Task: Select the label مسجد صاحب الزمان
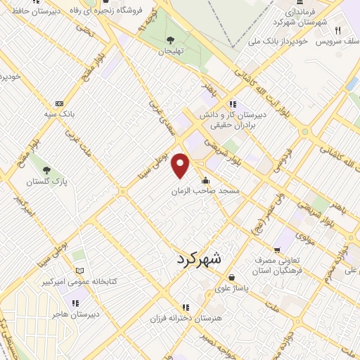(206, 191)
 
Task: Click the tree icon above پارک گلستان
(46, 170)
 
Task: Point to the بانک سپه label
(59, 113)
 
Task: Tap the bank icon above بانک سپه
(59, 103)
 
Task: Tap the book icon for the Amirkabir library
(79, 271)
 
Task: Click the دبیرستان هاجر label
(76, 314)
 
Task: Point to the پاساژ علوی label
(232, 288)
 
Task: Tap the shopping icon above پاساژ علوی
(232, 278)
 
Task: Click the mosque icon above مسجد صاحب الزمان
(205, 181)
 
